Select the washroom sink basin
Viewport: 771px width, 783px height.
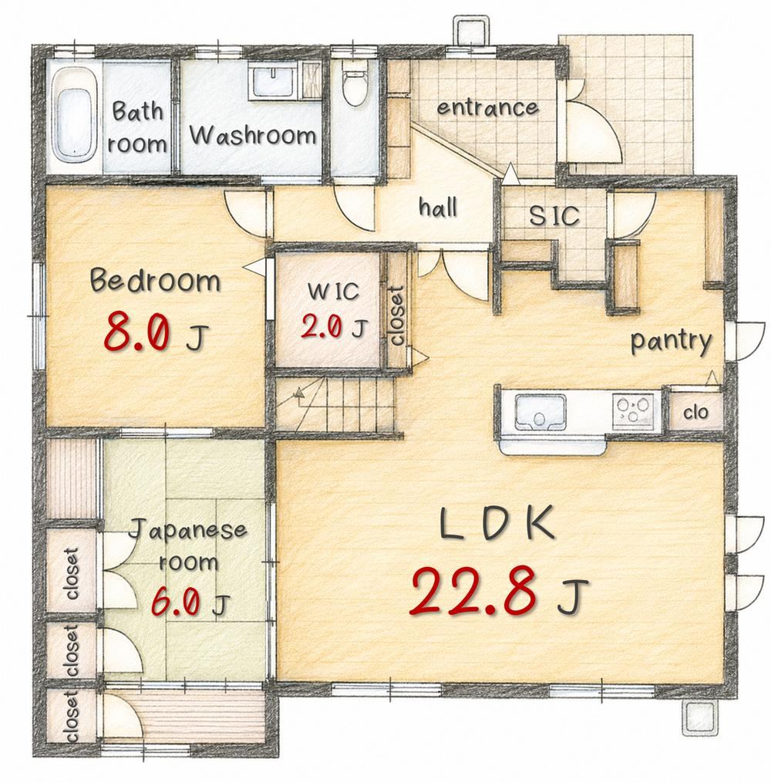click(273, 82)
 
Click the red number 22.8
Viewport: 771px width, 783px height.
click(473, 592)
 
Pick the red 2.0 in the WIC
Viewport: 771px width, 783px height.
click(322, 328)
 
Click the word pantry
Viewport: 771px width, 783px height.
click(672, 342)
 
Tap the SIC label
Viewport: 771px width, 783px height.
click(554, 216)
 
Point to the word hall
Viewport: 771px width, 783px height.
click(438, 207)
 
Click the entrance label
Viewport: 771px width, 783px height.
click(487, 107)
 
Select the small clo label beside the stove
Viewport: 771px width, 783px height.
click(695, 413)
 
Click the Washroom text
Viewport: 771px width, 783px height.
click(253, 135)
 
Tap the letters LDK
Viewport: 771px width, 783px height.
click(497, 523)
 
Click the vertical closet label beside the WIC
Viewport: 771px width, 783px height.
click(397, 316)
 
